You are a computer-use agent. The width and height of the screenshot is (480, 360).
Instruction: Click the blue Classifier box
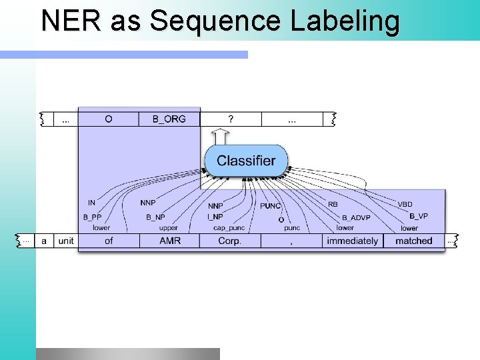pos(245,161)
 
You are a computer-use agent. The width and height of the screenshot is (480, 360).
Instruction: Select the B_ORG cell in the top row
pos(169,119)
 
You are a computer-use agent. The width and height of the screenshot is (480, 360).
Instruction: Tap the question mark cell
pos(231,119)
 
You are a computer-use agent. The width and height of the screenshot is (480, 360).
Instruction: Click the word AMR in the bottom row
pos(170,241)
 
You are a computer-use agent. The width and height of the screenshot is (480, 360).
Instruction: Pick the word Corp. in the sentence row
pos(230,241)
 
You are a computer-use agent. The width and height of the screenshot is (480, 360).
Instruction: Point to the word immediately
pos(352,241)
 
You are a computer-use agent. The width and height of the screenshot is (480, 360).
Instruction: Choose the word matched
pos(413,241)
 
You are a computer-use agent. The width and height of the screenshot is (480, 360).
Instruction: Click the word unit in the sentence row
pos(66,241)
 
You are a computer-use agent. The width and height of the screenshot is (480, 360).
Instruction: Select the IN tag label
pos(92,203)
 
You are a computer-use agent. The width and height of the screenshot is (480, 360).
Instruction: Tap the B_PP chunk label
pos(92,217)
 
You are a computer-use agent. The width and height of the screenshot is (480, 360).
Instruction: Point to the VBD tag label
pos(405,204)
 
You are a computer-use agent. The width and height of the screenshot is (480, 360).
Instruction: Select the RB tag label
pos(333,204)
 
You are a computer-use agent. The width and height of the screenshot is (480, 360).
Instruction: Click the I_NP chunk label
pos(215,217)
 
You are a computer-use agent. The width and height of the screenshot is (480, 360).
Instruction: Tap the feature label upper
pos(169,228)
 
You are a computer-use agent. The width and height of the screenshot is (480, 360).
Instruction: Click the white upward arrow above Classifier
pos(222,137)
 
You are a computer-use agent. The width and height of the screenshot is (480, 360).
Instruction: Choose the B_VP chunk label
pos(419,216)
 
